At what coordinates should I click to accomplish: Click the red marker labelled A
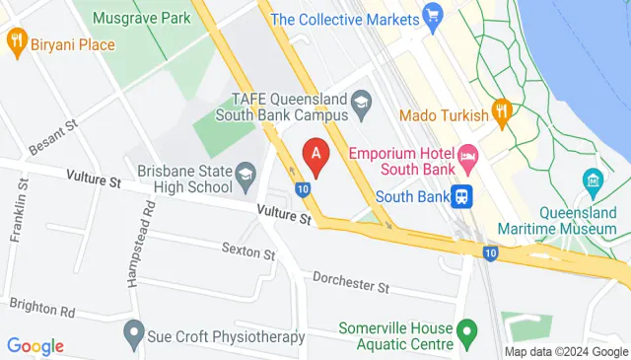(x=315, y=153)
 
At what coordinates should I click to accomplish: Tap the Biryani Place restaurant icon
(x=16, y=41)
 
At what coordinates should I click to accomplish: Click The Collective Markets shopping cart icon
(x=431, y=16)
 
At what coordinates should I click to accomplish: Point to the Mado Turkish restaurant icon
(x=502, y=113)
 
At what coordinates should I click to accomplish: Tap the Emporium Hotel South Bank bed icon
(x=468, y=156)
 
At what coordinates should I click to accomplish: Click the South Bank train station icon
(x=460, y=195)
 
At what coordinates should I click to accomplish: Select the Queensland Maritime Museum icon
(x=593, y=180)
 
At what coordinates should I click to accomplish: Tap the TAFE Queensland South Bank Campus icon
(x=362, y=100)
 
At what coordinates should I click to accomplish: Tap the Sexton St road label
(x=248, y=252)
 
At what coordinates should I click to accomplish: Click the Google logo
(x=35, y=346)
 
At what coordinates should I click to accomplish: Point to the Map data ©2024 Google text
(x=566, y=352)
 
